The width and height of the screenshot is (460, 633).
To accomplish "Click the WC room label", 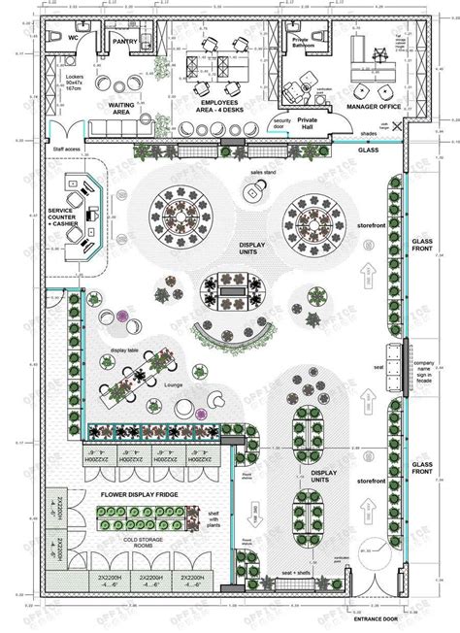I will [x=72, y=37].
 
